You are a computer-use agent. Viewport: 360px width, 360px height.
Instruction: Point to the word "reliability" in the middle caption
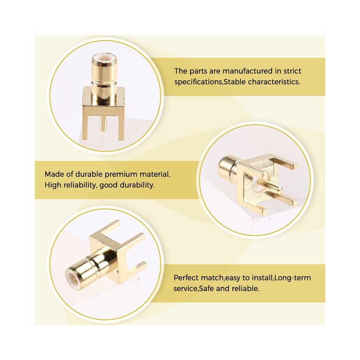pos(79,185)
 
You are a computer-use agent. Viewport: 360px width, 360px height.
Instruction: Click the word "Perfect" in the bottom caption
pos(186,278)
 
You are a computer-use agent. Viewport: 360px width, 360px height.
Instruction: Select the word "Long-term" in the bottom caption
pos(292,278)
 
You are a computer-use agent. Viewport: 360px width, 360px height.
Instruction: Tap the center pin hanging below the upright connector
pos(104,124)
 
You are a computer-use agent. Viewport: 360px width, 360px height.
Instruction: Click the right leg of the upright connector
pos(121,126)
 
